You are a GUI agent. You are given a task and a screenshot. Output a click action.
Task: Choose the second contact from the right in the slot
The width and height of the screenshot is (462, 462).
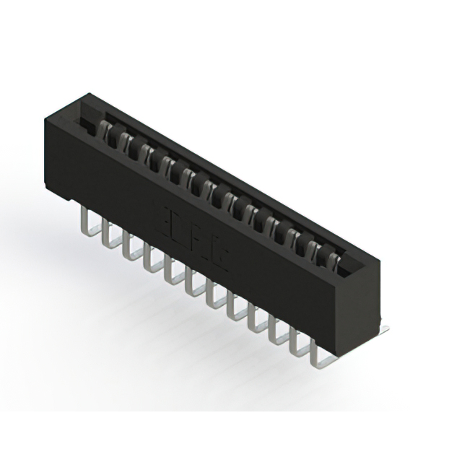tap(316, 249)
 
